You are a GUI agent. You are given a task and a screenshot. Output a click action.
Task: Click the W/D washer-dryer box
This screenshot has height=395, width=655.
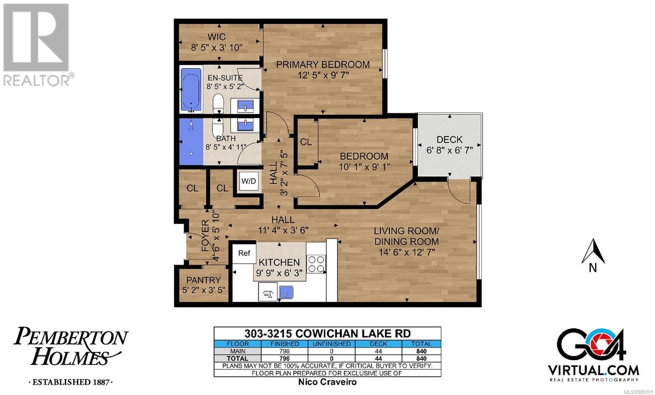click(248, 181)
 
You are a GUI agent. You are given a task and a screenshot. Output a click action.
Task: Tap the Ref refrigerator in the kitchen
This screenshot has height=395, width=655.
click(244, 253)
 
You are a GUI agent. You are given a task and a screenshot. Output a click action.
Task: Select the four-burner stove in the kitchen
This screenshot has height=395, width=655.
click(316, 264)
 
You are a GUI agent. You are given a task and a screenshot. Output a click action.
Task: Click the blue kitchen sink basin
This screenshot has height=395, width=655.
click(286, 292)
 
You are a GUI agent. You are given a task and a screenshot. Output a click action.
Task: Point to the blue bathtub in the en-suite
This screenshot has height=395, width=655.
click(191, 89)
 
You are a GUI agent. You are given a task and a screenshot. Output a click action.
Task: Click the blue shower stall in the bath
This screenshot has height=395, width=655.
click(191, 142)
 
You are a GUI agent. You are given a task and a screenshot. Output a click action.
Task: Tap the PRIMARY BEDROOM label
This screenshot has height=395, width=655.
click(323, 64)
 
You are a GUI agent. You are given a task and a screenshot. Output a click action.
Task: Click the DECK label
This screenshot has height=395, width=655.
click(449, 140)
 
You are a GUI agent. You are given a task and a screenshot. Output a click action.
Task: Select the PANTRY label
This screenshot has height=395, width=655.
click(203, 280)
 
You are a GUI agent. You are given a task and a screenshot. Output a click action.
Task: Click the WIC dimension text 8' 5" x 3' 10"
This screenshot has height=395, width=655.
click(217, 47)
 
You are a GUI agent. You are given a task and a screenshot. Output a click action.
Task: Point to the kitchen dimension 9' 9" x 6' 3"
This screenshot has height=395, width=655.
click(279, 273)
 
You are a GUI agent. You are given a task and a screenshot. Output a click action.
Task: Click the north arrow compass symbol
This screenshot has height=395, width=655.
click(593, 251)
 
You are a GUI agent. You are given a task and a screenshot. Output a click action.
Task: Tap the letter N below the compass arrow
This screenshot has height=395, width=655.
click(593, 268)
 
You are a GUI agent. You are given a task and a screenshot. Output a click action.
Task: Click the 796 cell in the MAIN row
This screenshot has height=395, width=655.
click(284, 351)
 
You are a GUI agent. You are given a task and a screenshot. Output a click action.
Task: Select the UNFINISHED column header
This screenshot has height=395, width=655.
click(332, 344)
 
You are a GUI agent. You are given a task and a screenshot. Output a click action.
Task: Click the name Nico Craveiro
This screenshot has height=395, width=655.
click(327, 382)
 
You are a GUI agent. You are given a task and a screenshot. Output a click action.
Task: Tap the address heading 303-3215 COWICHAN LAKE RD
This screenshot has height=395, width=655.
click(327, 333)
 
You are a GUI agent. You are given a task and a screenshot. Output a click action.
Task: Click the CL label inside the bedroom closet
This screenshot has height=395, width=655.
click(306, 142)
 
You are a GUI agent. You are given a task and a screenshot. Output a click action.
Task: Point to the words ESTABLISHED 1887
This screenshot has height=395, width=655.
click(70, 382)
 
